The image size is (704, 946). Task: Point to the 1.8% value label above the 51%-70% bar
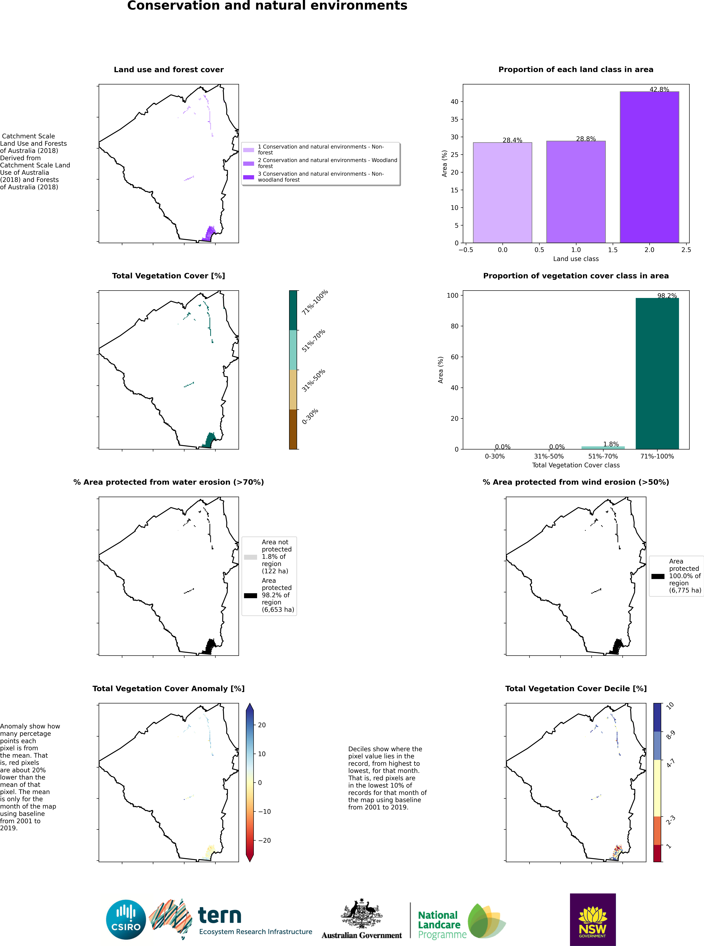pyautogui.click(x=611, y=444)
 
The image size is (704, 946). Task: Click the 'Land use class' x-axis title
pyautogui.click(x=576, y=259)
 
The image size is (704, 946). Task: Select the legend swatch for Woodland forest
pyautogui.click(x=248, y=163)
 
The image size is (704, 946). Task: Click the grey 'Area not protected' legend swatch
pyautogui.click(x=251, y=557)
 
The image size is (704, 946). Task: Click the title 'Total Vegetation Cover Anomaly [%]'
pyautogui.click(x=168, y=689)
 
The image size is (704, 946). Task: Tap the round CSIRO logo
pyautogui.click(x=126, y=920)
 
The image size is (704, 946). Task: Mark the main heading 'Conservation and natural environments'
pyautogui.click(x=267, y=6)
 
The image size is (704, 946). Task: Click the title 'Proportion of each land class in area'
pyautogui.click(x=576, y=69)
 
